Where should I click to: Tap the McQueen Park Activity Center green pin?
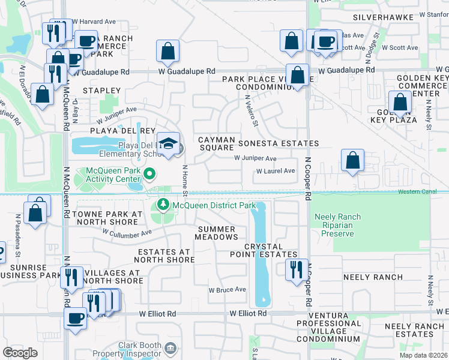click(x=150, y=175)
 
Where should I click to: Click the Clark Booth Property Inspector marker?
click(x=170, y=348)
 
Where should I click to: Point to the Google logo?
click(x=20, y=352)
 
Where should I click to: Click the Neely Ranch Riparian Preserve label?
click(x=337, y=225)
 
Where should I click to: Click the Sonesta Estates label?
click(x=279, y=143)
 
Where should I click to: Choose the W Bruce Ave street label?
click(x=228, y=290)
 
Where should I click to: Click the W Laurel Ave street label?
click(x=276, y=171)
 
